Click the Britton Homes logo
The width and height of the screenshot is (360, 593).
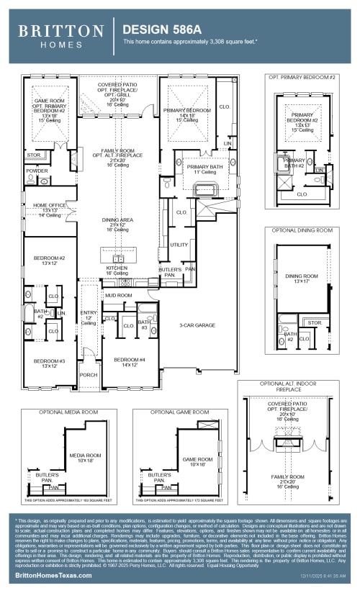click(x=60, y=35)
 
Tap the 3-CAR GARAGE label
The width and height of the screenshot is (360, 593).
click(x=198, y=325)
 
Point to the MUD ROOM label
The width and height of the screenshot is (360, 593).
click(x=118, y=295)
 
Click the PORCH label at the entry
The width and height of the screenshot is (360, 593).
click(x=89, y=374)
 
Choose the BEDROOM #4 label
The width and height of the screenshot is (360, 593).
click(x=130, y=359)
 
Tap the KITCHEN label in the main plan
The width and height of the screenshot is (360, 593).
click(x=117, y=267)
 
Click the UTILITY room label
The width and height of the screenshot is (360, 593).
click(x=179, y=245)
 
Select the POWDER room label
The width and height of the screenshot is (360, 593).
click(x=37, y=171)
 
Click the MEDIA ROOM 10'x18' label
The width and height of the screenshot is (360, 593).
click(x=85, y=456)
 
